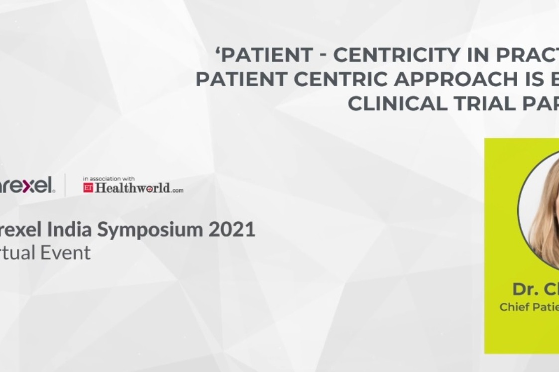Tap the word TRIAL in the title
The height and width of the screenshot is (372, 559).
coord(482,103)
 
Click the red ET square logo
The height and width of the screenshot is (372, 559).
coord(88,187)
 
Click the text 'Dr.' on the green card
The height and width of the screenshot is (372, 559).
coord(525,289)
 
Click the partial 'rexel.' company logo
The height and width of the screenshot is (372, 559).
coord(27,186)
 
